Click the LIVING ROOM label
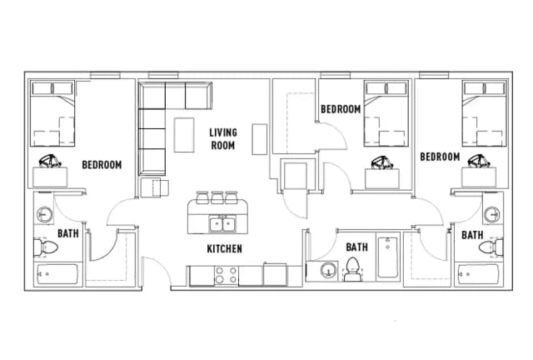(222, 138)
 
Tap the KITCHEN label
(224, 248)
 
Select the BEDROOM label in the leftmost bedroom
(102, 164)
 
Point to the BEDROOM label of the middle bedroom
(341, 109)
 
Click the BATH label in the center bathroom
(356, 247)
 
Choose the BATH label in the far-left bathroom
(67, 233)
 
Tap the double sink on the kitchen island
(222, 223)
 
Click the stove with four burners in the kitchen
(226, 274)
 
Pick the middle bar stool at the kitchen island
(217, 197)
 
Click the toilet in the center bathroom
(352, 269)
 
